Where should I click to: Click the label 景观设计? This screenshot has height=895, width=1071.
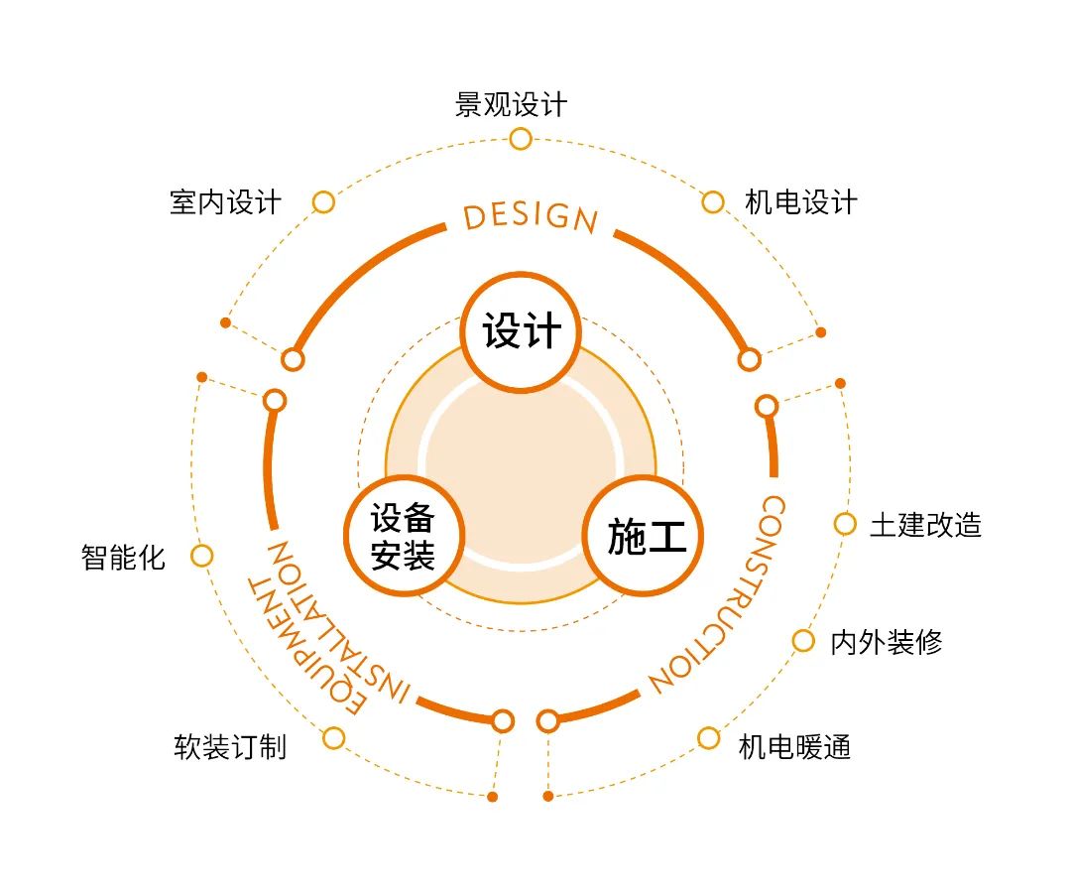click(512, 104)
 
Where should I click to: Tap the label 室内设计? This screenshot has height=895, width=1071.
click(226, 202)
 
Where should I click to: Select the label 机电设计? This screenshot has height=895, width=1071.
click(801, 202)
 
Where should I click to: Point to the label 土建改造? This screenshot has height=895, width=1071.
click(925, 525)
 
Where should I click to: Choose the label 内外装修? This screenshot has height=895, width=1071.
click(886, 642)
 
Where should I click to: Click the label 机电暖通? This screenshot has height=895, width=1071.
click(794, 746)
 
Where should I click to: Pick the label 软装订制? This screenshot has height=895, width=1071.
click(230, 746)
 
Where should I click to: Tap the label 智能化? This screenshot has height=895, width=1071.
click(123, 557)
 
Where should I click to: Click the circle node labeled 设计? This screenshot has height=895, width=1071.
click(522, 331)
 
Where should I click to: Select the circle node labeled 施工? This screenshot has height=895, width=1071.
click(647, 536)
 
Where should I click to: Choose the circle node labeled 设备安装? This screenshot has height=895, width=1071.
click(404, 536)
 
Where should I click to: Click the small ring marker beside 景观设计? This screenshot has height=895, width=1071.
click(521, 138)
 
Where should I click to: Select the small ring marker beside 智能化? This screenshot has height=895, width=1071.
click(201, 556)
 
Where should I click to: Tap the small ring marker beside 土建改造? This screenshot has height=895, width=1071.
click(845, 524)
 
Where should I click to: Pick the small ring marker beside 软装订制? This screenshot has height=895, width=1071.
click(334, 738)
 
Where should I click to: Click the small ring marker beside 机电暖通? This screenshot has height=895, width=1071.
click(708, 738)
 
